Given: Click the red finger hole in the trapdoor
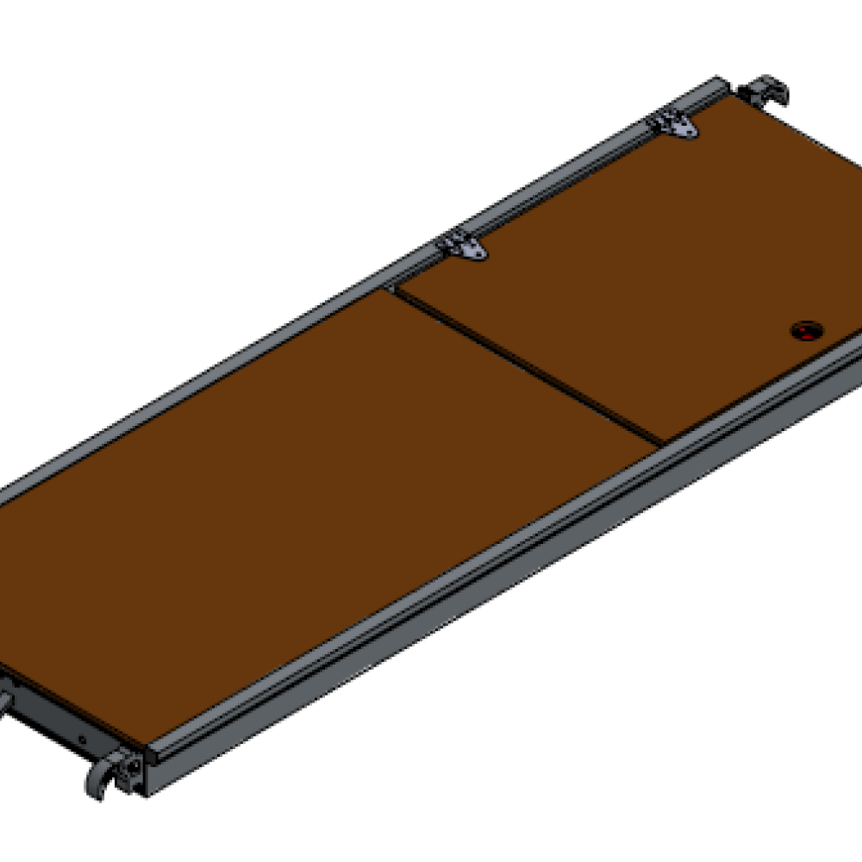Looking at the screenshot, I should pos(808,329).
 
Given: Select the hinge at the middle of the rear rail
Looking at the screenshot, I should pos(463,247).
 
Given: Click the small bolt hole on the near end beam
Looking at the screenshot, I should pos(82,739).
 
